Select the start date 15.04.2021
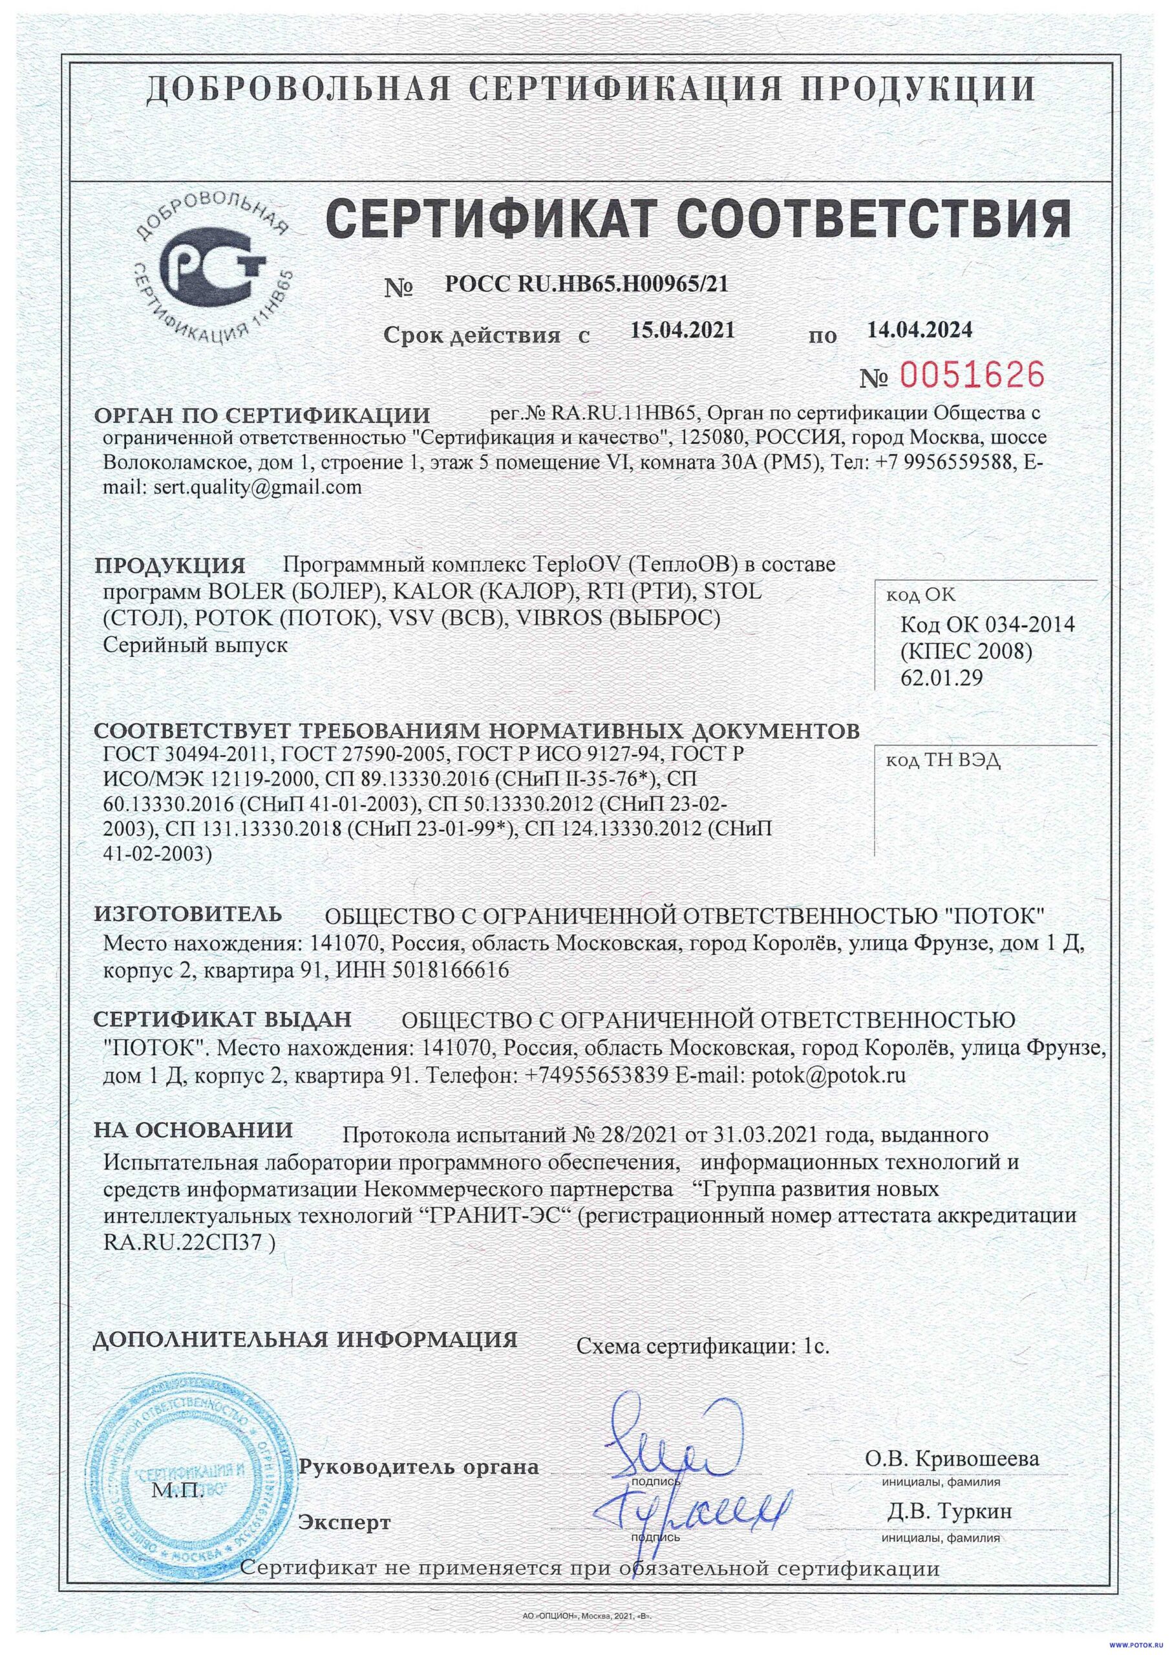[x=683, y=331]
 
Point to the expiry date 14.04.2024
[x=920, y=330]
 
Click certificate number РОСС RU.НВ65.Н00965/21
[x=587, y=284]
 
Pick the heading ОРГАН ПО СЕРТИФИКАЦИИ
[x=262, y=415]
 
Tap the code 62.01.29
[x=941, y=678]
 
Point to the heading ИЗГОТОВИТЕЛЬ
[x=189, y=914]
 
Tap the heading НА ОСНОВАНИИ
[x=194, y=1129]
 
